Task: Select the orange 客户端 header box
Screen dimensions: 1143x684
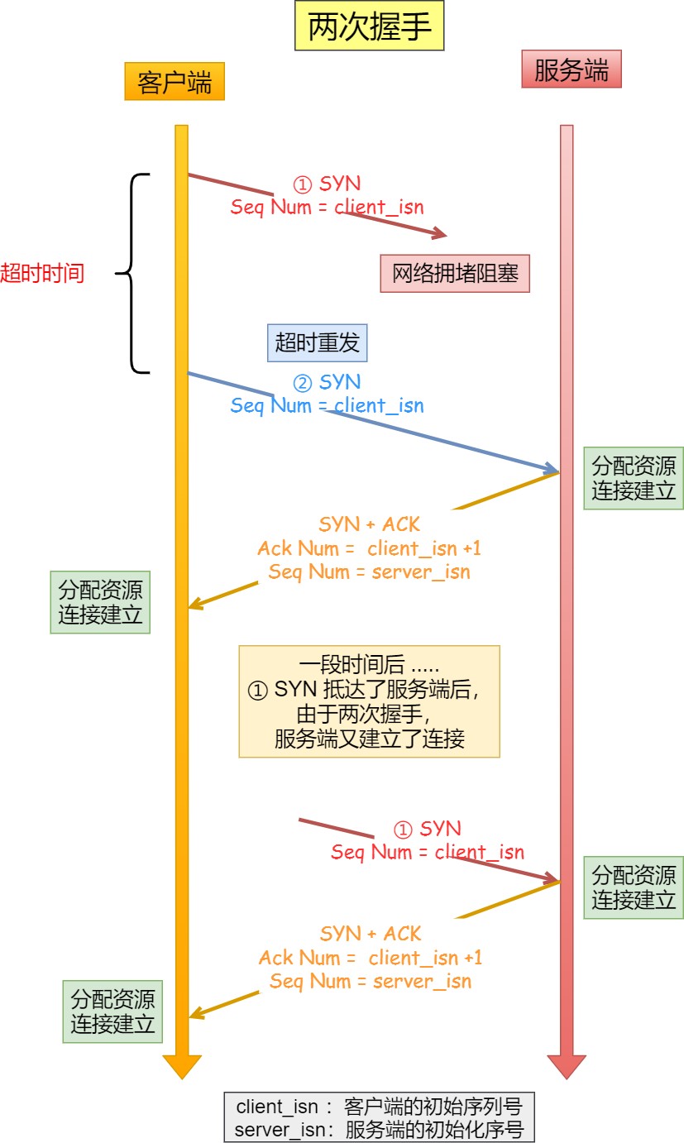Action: pyautogui.click(x=175, y=82)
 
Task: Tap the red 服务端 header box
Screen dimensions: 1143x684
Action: pyautogui.click(x=571, y=69)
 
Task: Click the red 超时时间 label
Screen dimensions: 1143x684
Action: pyautogui.click(x=42, y=273)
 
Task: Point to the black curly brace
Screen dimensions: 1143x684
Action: pyautogui.click(x=133, y=273)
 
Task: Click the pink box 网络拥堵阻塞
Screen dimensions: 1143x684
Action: pyautogui.click(x=455, y=274)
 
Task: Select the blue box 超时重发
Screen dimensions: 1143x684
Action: pyautogui.click(x=318, y=342)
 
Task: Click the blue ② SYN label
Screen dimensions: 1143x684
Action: pyautogui.click(x=328, y=382)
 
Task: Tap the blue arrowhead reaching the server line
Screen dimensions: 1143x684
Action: pyautogui.click(x=552, y=468)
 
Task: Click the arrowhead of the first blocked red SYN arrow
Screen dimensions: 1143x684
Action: pyautogui.click(x=439, y=234)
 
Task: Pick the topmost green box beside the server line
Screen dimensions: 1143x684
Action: pyautogui.click(x=634, y=478)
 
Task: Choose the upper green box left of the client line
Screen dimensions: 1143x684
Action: pyautogui.click(x=100, y=602)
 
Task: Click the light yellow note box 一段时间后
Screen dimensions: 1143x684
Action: pyautogui.click(x=369, y=701)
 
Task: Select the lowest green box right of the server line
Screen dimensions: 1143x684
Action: pyautogui.click(x=634, y=887)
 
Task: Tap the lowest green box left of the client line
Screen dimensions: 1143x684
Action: pyautogui.click(x=112, y=1011)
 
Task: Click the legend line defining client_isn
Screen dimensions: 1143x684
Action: pyautogui.click(x=380, y=1107)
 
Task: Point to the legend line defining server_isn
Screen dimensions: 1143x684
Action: pyautogui.click(x=380, y=1129)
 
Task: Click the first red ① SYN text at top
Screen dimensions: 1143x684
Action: pyautogui.click(x=328, y=184)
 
